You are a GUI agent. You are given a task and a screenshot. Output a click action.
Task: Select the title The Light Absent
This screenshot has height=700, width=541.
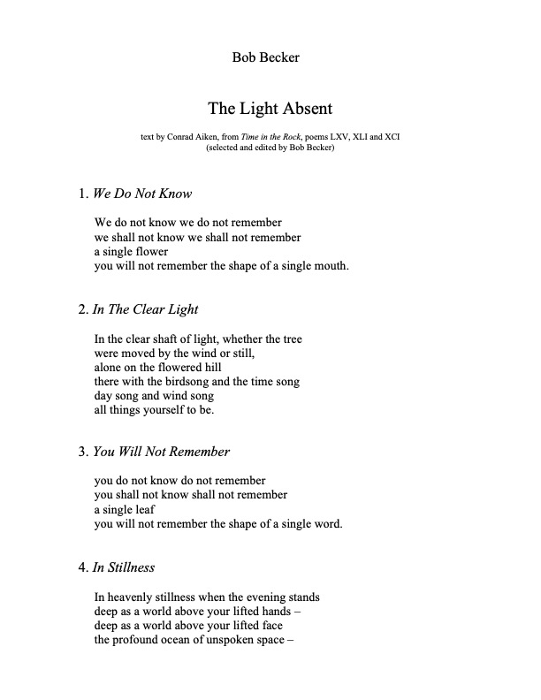click(x=270, y=110)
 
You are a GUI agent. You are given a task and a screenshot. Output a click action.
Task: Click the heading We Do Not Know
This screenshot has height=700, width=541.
click(x=141, y=194)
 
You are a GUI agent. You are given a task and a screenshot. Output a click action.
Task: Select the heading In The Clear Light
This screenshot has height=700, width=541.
click(x=146, y=309)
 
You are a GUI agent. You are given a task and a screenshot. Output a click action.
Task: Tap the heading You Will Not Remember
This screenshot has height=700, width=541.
click(x=161, y=452)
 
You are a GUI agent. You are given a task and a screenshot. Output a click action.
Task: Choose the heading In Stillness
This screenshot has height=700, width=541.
click(x=124, y=567)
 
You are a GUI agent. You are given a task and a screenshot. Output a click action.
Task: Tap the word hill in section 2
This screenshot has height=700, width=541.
click(x=209, y=367)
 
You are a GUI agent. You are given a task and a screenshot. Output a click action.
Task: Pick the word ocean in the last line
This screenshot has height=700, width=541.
click(x=186, y=639)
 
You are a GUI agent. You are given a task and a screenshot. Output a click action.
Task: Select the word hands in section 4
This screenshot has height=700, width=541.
click(x=276, y=611)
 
